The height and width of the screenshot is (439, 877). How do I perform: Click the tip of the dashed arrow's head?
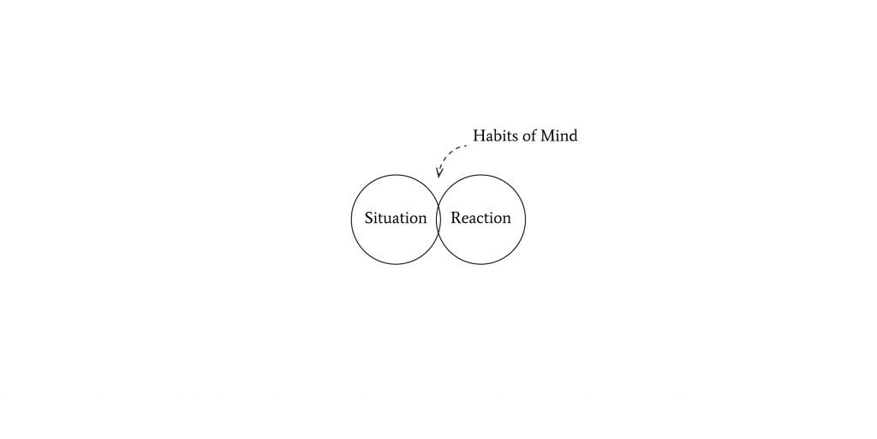coord(438,177)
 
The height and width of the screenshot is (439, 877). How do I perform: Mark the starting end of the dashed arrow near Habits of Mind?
coord(467,146)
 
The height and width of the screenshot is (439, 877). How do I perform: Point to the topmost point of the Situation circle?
coord(396,175)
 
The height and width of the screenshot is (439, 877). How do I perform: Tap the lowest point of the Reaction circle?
coord(481,264)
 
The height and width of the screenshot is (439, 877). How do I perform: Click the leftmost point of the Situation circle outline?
coord(351,219)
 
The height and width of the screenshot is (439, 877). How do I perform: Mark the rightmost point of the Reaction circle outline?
coord(526,219)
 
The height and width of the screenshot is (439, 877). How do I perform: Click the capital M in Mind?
coord(546,135)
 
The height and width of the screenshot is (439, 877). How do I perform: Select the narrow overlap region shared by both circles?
coord(438,219)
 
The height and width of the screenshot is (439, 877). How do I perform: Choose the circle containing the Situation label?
coord(396,219)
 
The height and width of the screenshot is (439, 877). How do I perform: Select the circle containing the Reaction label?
coord(481,219)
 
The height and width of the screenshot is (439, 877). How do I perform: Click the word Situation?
coord(396,218)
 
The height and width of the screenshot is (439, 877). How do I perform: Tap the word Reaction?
coord(481,218)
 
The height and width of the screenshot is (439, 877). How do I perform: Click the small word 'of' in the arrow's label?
coord(527,135)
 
